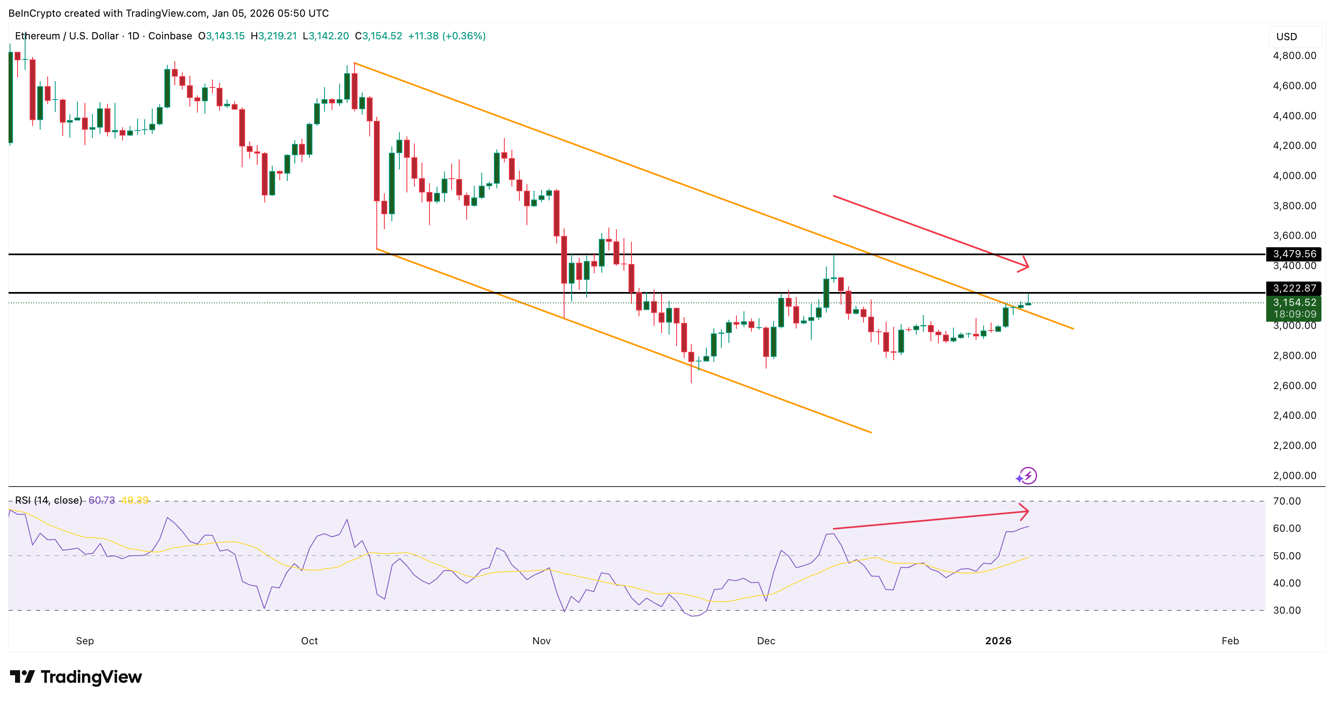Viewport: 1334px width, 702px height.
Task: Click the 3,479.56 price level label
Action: click(x=1293, y=254)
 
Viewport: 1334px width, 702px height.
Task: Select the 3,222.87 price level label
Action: click(x=1293, y=288)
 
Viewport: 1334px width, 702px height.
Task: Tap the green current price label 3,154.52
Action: click(x=1293, y=302)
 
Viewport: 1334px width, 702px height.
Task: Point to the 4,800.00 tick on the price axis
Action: click(x=1294, y=56)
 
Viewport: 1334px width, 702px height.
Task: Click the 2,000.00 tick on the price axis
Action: click(x=1294, y=476)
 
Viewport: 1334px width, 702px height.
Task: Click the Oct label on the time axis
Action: click(x=309, y=641)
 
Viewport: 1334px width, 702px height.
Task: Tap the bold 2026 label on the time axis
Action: click(x=998, y=641)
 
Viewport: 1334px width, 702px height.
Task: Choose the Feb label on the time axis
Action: click(x=1230, y=641)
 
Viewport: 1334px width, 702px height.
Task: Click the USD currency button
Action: click(x=1286, y=37)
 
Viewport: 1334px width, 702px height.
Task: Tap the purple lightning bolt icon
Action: click(x=1028, y=476)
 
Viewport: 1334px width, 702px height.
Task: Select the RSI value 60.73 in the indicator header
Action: click(x=102, y=500)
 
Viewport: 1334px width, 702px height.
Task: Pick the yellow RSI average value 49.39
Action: click(x=134, y=500)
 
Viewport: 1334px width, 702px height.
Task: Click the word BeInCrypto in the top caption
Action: click(x=35, y=13)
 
